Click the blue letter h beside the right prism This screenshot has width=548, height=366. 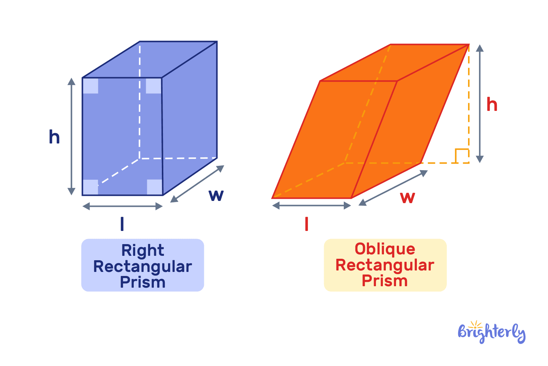pos(54,137)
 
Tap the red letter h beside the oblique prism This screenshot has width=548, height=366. pos(492,105)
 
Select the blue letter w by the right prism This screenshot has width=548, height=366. pos(216,195)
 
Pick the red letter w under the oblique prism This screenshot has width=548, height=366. pos(407,198)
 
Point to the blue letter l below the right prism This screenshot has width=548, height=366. pos(122,224)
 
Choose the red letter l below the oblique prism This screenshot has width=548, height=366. pos(307,224)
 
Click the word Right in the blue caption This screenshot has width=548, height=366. pos(142,251)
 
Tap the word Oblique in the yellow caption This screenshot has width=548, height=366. pos(385,249)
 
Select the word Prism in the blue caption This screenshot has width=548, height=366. pos(142,282)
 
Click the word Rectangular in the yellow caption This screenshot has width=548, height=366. pos(385,265)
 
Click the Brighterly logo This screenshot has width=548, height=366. pos(491,332)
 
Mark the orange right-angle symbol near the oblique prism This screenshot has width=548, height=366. pos(462,156)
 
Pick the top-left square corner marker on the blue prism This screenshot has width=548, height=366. pos(91,86)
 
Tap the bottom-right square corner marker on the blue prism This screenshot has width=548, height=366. pos(154,187)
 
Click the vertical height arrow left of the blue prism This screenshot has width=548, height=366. pos(72,137)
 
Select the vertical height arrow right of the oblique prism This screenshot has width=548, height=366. pos(480,104)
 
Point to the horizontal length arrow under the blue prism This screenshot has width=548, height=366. pos(122,206)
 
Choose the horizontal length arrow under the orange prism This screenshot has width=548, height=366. pos(312,206)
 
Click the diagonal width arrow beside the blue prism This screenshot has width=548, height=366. pos(197,184)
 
